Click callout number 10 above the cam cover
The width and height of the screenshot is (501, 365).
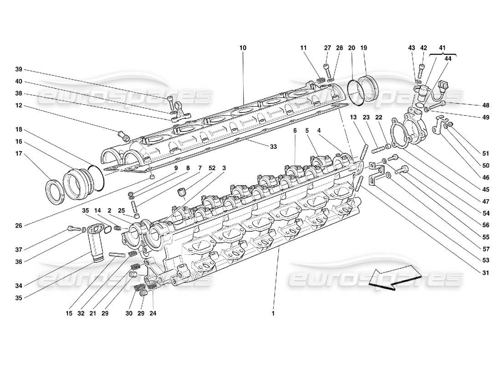pos(242,47)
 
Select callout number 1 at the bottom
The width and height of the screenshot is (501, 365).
pos(273,313)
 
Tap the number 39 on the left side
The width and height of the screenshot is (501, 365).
pos(18,69)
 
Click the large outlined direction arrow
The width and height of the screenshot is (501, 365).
pos(394,277)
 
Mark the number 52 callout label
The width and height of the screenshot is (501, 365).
pos(212,168)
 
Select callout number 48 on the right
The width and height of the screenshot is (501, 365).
pos(486,105)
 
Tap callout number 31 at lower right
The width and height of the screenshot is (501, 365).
pos(486,273)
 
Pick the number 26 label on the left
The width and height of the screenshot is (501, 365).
pos(18,224)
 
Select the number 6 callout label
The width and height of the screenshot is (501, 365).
pos(295,130)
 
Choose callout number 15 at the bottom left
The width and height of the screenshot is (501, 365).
pos(68,313)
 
